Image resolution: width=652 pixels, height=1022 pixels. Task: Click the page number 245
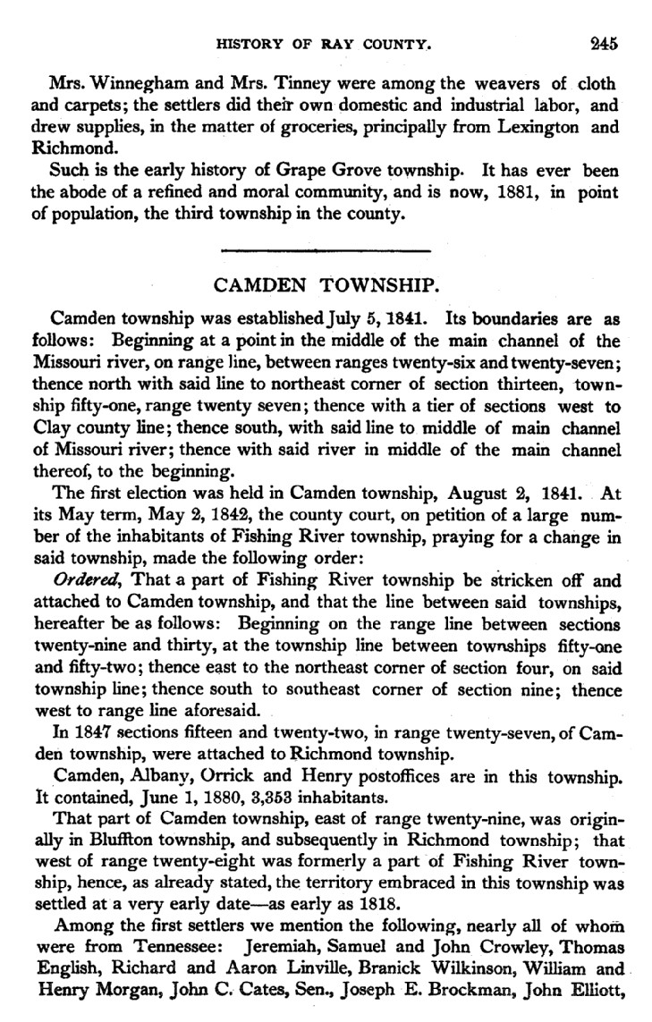pyautogui.click(x=604, y=41)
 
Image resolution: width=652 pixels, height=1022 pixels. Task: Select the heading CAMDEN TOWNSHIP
pyautogui.click(x=326, y=287)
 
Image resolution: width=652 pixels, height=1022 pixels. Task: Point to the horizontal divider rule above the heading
pyautogui.click(x=325, y=250)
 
